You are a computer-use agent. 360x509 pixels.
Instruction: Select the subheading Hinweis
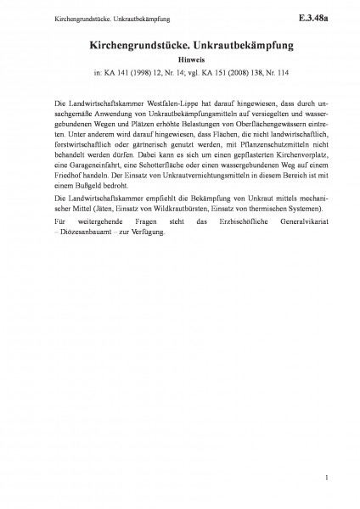point(179,60)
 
